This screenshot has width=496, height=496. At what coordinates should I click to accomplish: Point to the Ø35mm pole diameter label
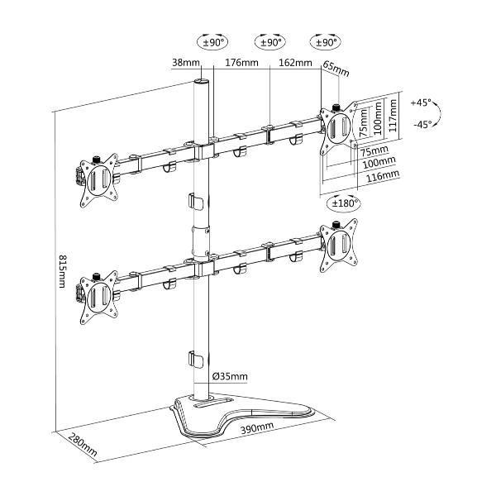coord(231,377)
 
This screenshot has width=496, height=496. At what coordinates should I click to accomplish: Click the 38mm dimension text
coord(185,63)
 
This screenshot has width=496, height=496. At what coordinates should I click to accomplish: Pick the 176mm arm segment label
coord(241,63)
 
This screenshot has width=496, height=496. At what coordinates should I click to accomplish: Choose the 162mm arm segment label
coord(295,63)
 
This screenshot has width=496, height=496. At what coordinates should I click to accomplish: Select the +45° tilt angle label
coord(422,104)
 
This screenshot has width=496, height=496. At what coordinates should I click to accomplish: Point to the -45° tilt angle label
coord(422,125)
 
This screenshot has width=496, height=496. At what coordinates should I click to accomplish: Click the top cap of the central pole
coord(201,83)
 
